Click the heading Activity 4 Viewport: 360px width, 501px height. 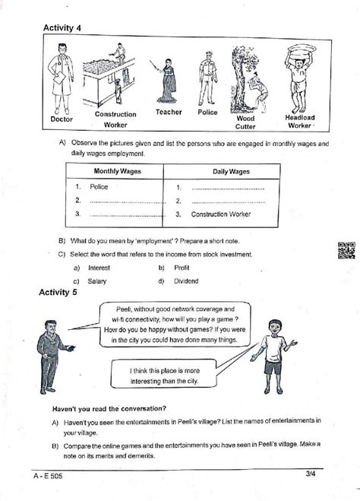click(62, 28)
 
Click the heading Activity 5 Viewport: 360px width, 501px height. click(62, 292)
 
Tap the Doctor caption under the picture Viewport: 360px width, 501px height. click(62, 119)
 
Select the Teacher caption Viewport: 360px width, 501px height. click(169, 112)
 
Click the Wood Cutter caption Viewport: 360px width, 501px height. click(245, 122)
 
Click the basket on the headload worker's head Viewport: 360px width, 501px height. click(301, 52)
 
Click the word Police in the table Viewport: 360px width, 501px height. click(99, 186)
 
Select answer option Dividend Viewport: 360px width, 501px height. click(187, 281)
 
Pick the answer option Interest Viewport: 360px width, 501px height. click(99, 268)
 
